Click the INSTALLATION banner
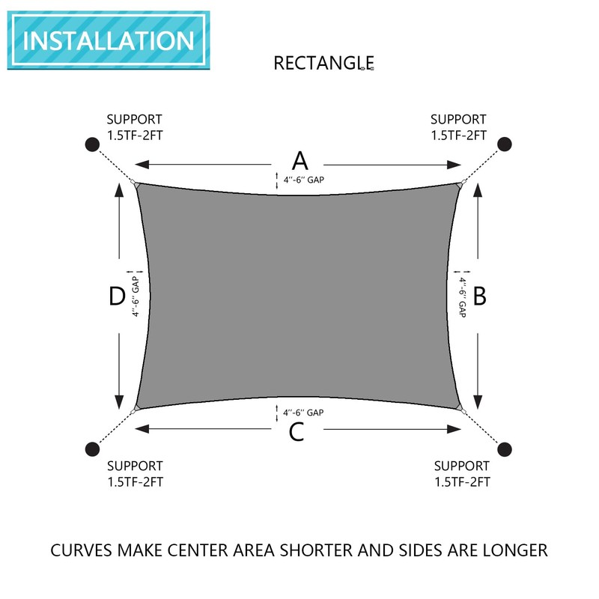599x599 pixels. tap(109, 40)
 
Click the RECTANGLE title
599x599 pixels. tap(323, 62)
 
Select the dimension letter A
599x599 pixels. tap(299, 160)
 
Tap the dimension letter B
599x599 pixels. tap(480, 297)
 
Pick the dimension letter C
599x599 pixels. tap(297, 432)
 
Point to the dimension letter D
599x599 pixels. tap(116, 297)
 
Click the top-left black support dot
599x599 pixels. tap(91, 144)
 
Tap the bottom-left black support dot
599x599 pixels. tap(91, 449)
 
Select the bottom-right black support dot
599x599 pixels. tap(505, 449)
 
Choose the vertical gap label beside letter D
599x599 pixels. tap(136, 297)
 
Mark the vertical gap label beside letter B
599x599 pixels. tap(462, 297)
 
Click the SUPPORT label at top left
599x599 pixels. tap(134, 119)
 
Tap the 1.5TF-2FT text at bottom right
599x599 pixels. tap(462, 481)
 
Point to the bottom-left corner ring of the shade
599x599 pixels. tap(134, 410)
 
